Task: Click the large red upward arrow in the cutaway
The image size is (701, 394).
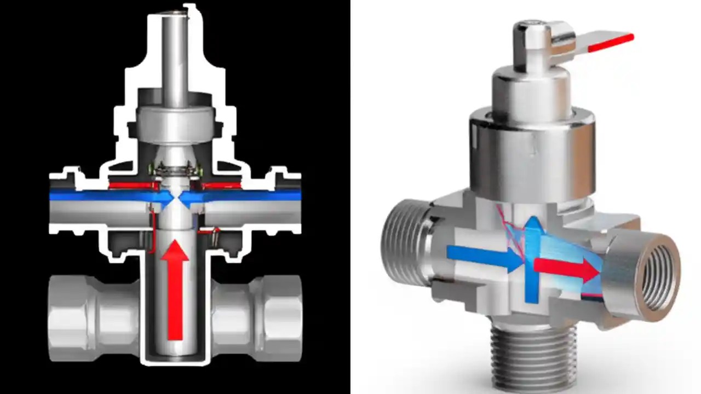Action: coord(175,290)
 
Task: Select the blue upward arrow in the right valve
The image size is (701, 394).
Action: coord(532,257)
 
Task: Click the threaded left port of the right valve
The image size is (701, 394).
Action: coord(403,241)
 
